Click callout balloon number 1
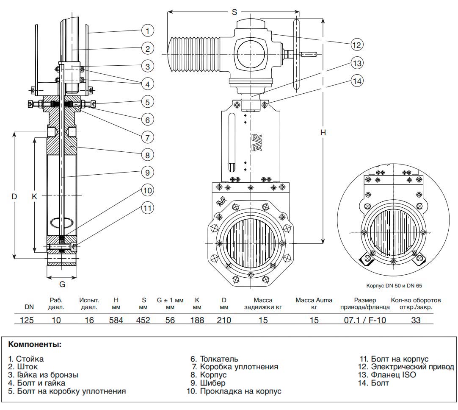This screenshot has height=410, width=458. click(147, 31)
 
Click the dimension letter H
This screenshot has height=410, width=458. click(323, 133)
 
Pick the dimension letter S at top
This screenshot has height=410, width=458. click(234, 12)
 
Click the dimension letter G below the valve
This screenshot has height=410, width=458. click(62, 284)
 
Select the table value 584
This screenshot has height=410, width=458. click(116, 320)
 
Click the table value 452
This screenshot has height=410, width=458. click(143, 320)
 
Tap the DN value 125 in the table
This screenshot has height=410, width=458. click(28, 320)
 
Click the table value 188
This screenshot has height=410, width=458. click(197, 320)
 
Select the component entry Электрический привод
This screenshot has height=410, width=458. click(412, 367)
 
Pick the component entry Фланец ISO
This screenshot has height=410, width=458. click(393, 375)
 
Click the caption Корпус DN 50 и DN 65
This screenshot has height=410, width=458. click(393, 285)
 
